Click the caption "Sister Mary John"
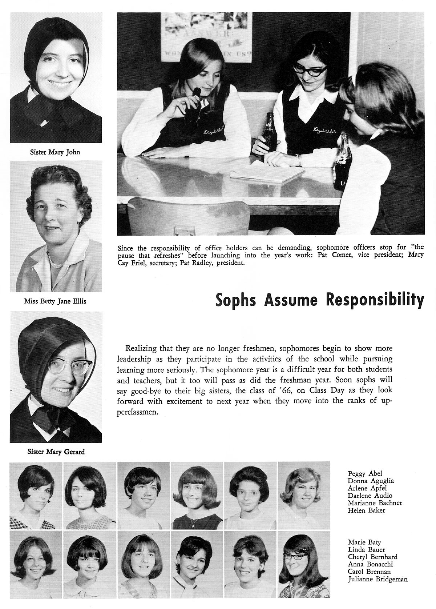(54, 152)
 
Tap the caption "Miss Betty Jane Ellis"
(55, 301)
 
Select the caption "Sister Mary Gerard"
(56, 452)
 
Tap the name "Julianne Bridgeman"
(378, 579)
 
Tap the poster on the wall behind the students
(206, 36)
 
